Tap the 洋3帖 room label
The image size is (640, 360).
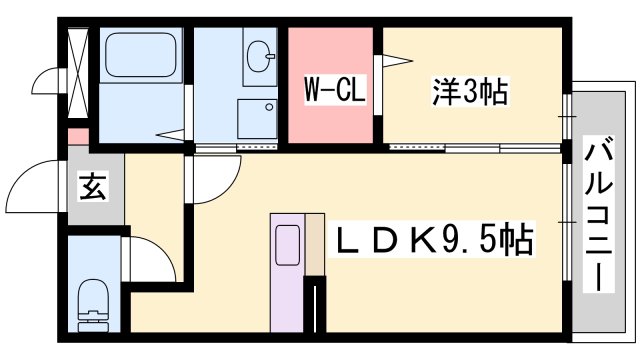pos(471,93)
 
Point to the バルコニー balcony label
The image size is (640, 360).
pos(599,216)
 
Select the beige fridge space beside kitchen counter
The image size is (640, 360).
pos(315,245)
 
